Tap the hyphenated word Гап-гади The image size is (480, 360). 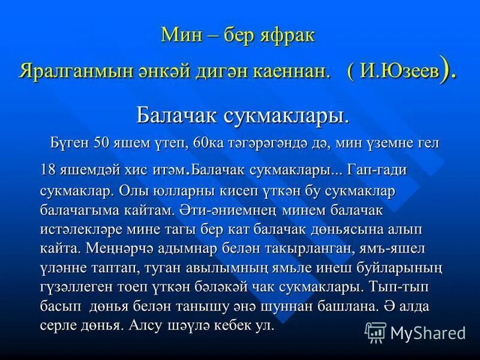[377, 170]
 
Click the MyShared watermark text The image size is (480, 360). [428, 332]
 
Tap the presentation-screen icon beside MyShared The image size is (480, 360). [375, 332]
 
